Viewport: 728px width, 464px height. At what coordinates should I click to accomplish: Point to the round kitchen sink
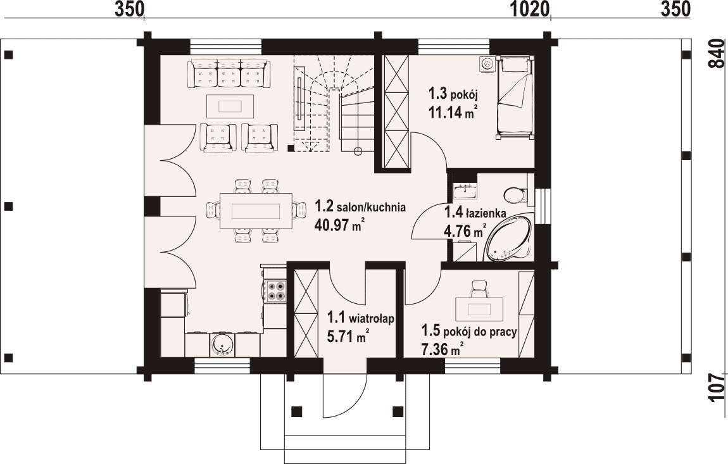[222, 344]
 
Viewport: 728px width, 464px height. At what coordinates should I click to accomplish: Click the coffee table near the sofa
[230, 106]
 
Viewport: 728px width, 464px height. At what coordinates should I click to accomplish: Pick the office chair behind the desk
[479, 289]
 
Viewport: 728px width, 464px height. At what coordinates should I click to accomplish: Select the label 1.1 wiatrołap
[361, 318]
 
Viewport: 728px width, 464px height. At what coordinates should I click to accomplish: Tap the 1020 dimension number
[530, 9]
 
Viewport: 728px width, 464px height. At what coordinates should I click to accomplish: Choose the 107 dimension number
[717, 387]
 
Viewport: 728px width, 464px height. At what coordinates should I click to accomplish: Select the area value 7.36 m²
[442, 348]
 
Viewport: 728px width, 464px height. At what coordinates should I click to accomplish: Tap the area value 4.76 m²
[465, 230]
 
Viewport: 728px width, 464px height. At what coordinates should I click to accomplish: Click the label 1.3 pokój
[453, 94]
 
